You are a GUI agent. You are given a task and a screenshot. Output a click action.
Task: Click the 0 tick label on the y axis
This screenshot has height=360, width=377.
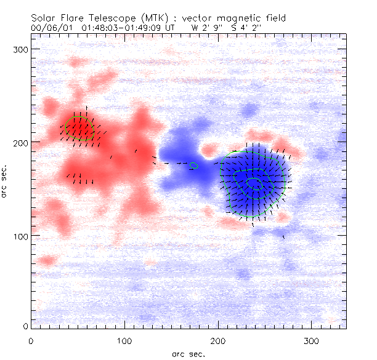(24, 326)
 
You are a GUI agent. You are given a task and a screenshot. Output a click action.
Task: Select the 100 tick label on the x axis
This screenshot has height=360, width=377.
(124, 340)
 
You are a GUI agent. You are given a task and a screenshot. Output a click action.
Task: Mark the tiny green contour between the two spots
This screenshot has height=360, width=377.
(194, 165)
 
